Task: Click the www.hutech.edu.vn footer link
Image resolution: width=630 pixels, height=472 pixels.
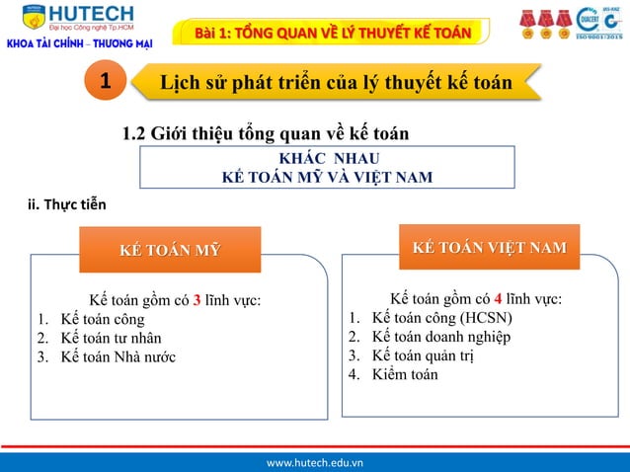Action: pyautogui.click(x=315, y=461)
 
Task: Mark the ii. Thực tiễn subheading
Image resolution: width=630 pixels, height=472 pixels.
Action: pyautogui.click(x=60, y=205)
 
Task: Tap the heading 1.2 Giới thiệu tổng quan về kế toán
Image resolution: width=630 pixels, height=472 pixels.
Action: pyautogui.click(x=265, y=133)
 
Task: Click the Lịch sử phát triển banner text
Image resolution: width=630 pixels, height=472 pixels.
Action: pyautogui.click(x=336, y=83)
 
